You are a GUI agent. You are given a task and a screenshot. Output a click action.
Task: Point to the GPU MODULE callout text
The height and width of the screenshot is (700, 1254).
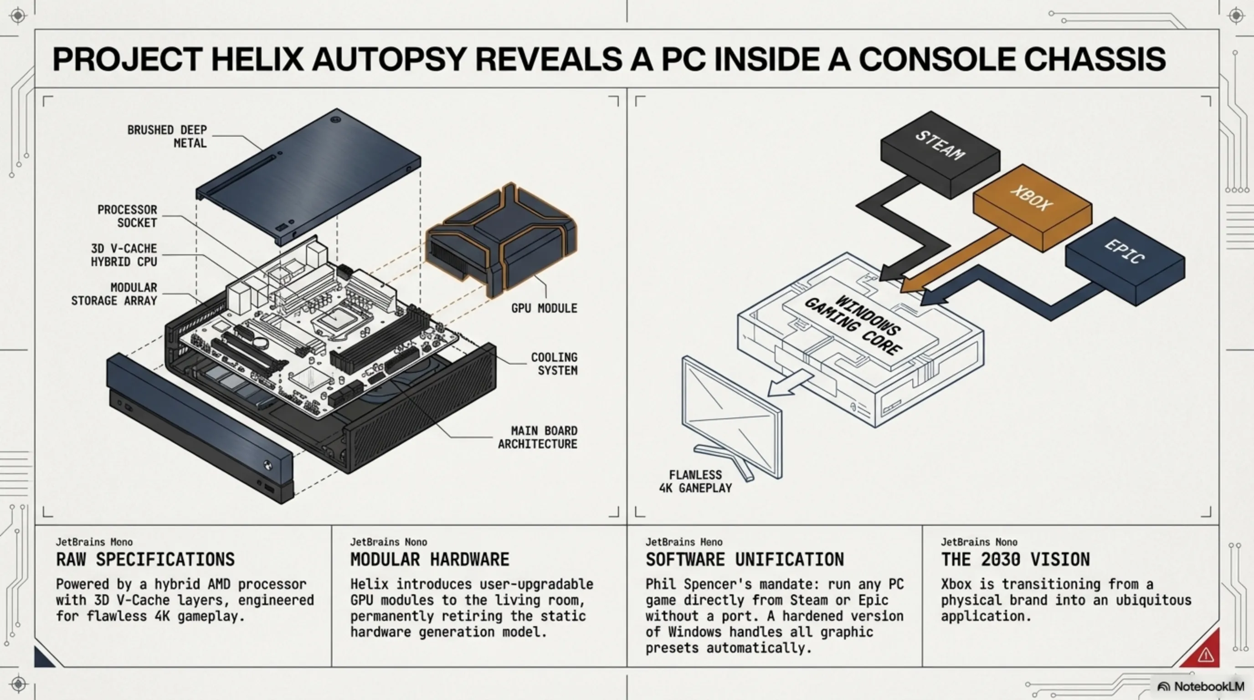pyautogui.click(x=544, y=308)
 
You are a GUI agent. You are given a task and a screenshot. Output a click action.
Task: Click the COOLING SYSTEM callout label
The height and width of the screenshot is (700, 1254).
pyautogui.click(x=554, y=364)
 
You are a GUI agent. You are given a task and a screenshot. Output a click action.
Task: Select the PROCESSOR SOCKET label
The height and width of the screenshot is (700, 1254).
pyautogui.click(x=127, y=216)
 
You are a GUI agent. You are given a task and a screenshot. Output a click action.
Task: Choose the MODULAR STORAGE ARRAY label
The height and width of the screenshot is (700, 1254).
pyautogui.click(x=114, y=294)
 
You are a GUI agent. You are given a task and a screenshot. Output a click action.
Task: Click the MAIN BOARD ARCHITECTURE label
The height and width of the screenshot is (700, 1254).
pyautogui.click(x=537, y=437)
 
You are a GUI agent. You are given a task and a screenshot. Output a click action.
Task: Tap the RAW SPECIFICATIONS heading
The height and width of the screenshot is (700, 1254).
pyautogui.click(x=145, y=560)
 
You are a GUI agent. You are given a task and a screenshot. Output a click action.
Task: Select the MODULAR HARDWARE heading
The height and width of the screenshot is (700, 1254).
pyautogui.click(x=430, y=560)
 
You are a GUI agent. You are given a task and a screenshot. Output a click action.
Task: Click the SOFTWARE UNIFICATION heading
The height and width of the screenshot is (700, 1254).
pyautogui.click(x=745, y=560)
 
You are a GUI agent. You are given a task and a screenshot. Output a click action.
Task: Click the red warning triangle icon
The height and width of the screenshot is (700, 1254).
pyautogui.click(x=1205, y=655)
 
